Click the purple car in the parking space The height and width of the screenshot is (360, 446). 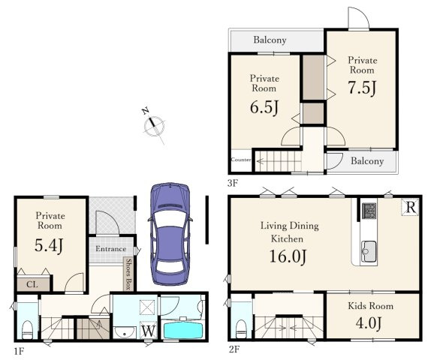tap(170, 234)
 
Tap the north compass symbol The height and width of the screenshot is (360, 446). tap(154, 125)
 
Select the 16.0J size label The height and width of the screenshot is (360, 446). tap(288, 256)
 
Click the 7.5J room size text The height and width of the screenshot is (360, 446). tap(363, 87)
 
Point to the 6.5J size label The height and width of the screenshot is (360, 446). tap(264, 107)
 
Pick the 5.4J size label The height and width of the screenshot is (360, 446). tap(49, 245)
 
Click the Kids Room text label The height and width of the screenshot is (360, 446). tap(371, 306)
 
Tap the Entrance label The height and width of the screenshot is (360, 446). tap(110, 249)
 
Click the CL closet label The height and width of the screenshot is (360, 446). tap(32, 284)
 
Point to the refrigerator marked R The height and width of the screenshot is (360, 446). tap(410, 207)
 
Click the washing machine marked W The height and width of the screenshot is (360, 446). tap(148, 331)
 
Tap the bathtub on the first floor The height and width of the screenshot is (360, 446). tap(183, 329)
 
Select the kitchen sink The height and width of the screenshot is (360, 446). tap(369, 251)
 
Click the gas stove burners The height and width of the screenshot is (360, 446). tap(369, 211)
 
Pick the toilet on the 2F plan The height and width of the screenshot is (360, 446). tap(242, 329)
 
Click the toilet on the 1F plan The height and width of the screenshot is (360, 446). tap(27, 330)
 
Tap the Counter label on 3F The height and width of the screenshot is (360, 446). tap(241, 160)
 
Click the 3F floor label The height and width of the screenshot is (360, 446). tap(233, 183)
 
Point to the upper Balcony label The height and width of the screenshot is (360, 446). tap(270, 40)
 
